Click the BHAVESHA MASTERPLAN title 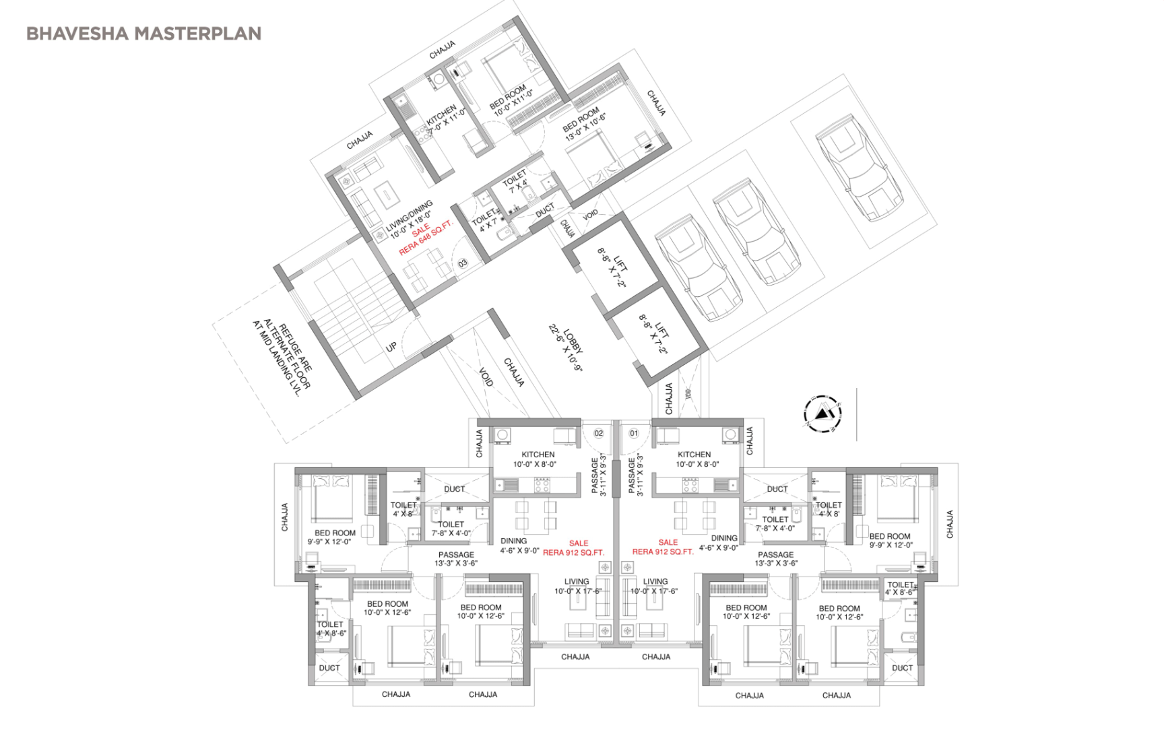pos(143,34)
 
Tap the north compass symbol pos(822,412)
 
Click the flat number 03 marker pos(463,263)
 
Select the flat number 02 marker pos(598,433)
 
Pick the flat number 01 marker pos(634,433)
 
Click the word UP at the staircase pos(391,347)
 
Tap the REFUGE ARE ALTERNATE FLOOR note pos(283,357)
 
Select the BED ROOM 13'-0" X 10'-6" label pos(584,123)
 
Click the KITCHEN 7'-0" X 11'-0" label pos(445,119)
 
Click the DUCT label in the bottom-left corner pos(329,668)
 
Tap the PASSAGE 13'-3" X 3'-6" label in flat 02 pos(456,559)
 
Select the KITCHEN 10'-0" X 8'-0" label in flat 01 pos(694,459)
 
